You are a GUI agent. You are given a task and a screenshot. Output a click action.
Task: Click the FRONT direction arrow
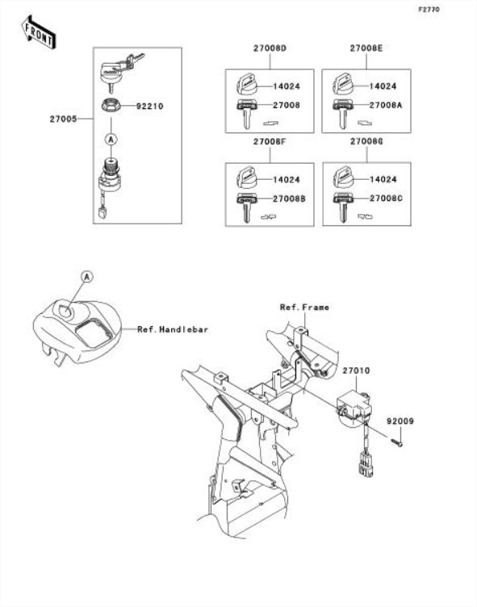coord(38,32)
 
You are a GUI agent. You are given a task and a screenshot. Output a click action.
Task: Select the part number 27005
coord(63,119)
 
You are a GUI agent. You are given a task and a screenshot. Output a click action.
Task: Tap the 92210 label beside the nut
coord(149,106)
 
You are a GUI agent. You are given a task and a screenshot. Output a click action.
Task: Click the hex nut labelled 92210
coord(111,105)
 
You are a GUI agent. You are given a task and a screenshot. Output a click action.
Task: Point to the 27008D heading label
coord(270,48)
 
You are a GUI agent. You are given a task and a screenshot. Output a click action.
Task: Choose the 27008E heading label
coord(366,48)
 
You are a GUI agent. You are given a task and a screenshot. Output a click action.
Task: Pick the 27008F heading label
coord(270,142)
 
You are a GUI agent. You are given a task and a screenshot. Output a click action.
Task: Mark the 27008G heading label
coord(366,142)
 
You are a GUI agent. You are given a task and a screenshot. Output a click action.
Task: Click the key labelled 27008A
coord(342,113)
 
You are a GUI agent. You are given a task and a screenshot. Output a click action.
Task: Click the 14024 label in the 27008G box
coord(383,180)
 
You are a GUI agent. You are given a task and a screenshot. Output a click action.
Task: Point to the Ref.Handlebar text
coord(173,329)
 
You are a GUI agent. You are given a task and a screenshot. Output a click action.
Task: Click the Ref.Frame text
coord(305,308)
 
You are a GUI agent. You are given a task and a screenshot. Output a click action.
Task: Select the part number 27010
coord(356,370)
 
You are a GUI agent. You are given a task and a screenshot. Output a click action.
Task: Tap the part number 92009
coord(400,421)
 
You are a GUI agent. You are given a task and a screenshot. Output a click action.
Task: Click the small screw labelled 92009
coord(396,442)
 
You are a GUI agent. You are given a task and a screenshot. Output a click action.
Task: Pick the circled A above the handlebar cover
coord(87,277)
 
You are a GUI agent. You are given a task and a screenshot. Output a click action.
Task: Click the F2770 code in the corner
coord(429,10)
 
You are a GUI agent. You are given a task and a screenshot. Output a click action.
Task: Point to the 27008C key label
coord(386,199)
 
